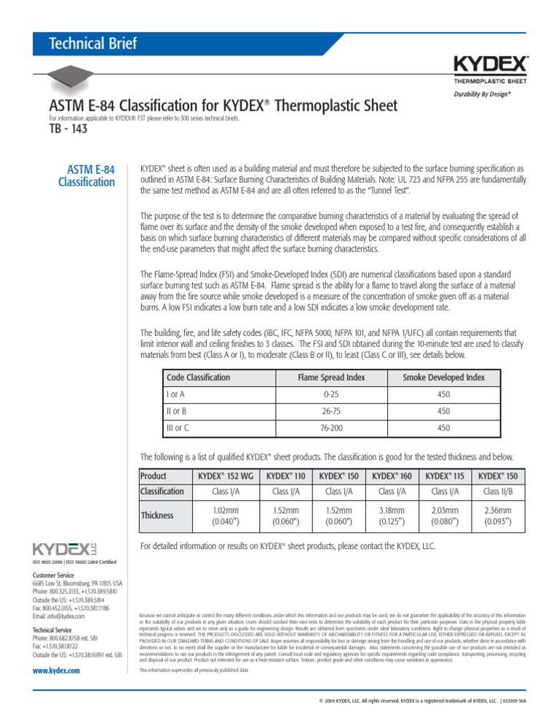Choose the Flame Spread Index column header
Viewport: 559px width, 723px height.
point(331,378)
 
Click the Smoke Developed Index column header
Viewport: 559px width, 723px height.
point(443,378)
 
